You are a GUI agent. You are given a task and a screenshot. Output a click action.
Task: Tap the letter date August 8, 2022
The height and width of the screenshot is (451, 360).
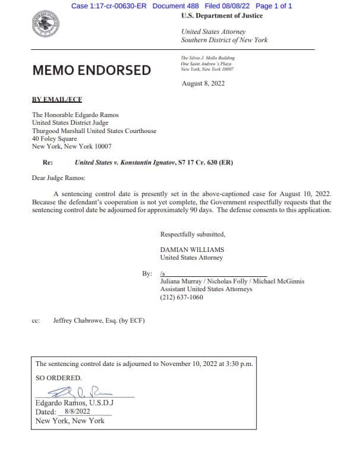tap(203, 84)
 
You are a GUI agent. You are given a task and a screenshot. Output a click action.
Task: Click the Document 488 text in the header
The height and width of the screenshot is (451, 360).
tap(177, 6)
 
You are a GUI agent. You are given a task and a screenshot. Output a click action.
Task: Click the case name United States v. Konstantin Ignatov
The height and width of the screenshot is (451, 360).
tap(125, 162)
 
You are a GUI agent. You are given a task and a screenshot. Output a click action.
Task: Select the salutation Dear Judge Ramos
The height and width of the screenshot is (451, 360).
tap(58, 177)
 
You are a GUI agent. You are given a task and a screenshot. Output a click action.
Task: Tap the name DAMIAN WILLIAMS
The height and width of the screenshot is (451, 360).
tap(192, 250)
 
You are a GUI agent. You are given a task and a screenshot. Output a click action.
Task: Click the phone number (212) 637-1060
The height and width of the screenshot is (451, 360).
tap(182, 297)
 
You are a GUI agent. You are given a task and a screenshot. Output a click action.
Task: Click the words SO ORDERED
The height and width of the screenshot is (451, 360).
tap(59, 378)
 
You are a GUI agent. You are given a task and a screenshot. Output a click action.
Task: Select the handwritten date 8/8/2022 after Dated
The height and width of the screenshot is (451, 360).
tap(77, 411)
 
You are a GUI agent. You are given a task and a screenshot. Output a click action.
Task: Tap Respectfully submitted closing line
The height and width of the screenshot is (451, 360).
tap(192, 234)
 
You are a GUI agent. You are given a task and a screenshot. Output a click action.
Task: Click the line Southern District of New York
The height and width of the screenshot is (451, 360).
tap(224, 40)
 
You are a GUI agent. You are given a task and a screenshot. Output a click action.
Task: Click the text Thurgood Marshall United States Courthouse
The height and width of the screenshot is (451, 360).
tap(94, 131)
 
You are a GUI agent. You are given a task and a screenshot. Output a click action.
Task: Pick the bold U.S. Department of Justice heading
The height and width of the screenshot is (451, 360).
tap(222, 15)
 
